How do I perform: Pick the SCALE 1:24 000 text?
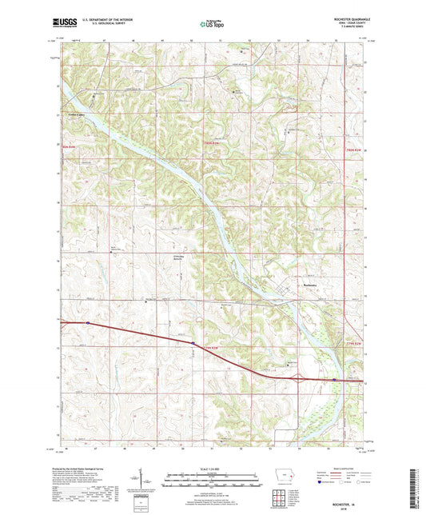pyautogui.click(x=213, y=468)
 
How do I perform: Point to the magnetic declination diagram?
pyautogui.click(x=153, y=483)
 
